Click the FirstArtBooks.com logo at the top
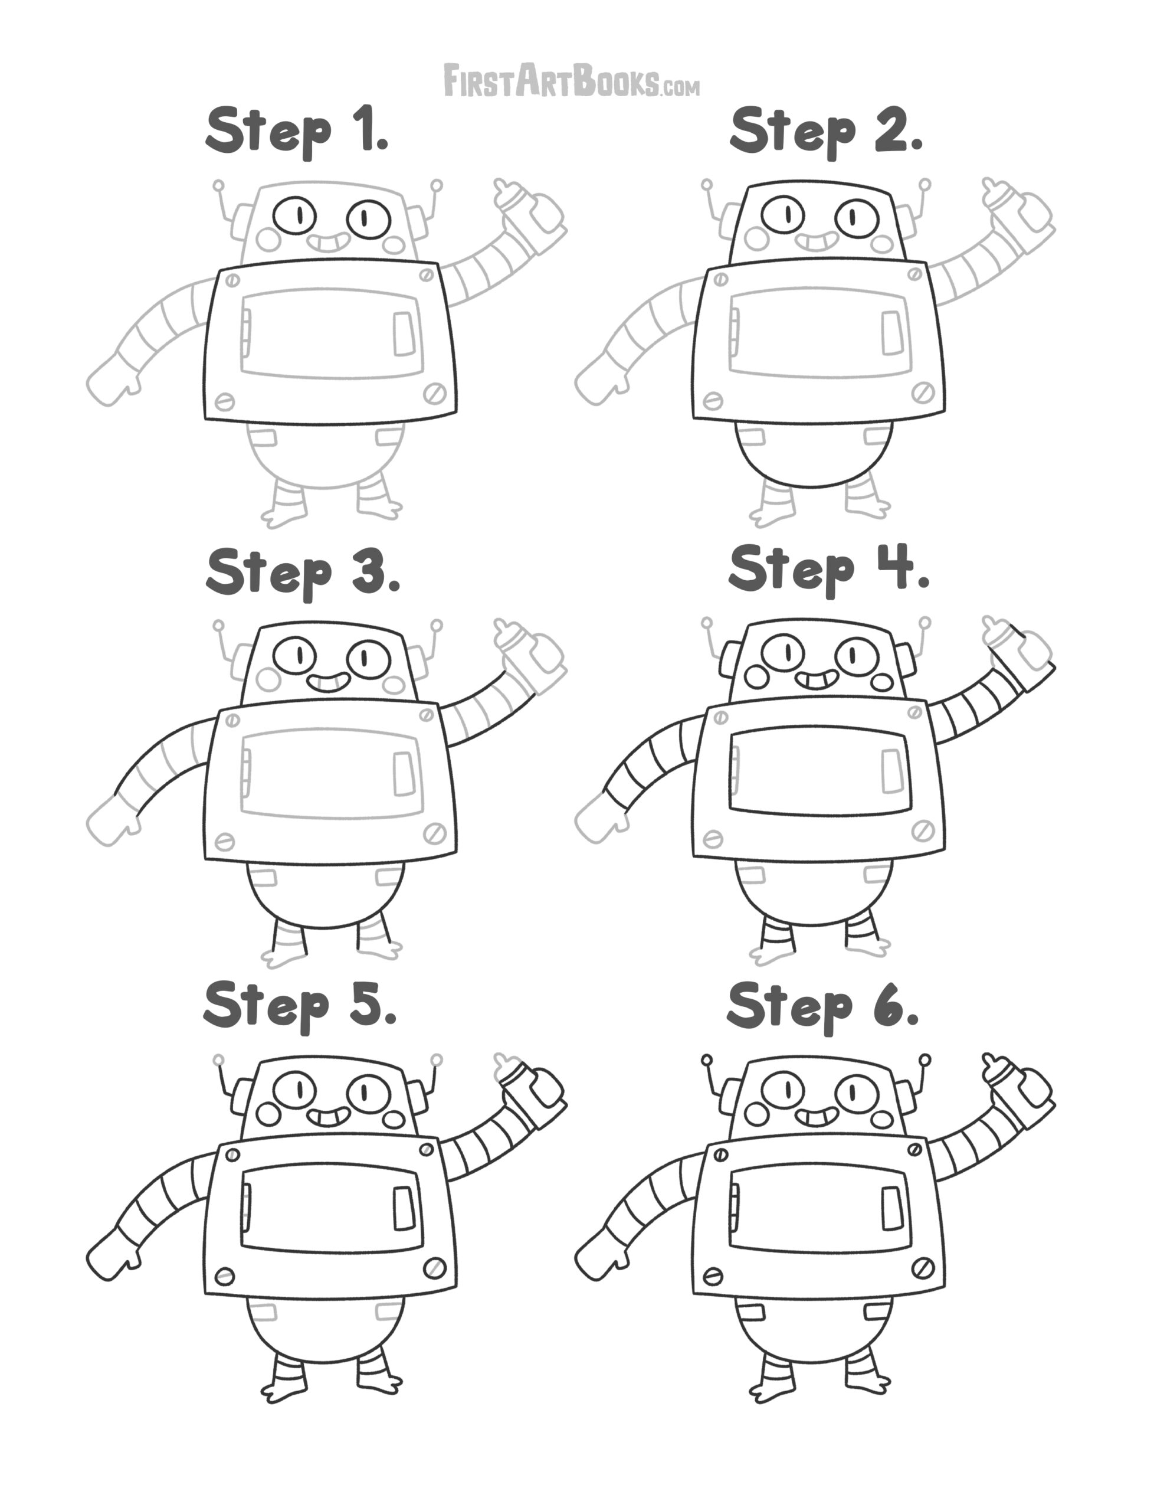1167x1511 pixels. pyautogui.click(x=571, y=80)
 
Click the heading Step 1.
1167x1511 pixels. pyautogui.click(x=297, y=132)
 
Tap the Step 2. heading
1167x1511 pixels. pyautogui.click(x=826, y=132)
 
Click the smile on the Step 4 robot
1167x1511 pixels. pyautogui.click(x=817, y=680)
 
